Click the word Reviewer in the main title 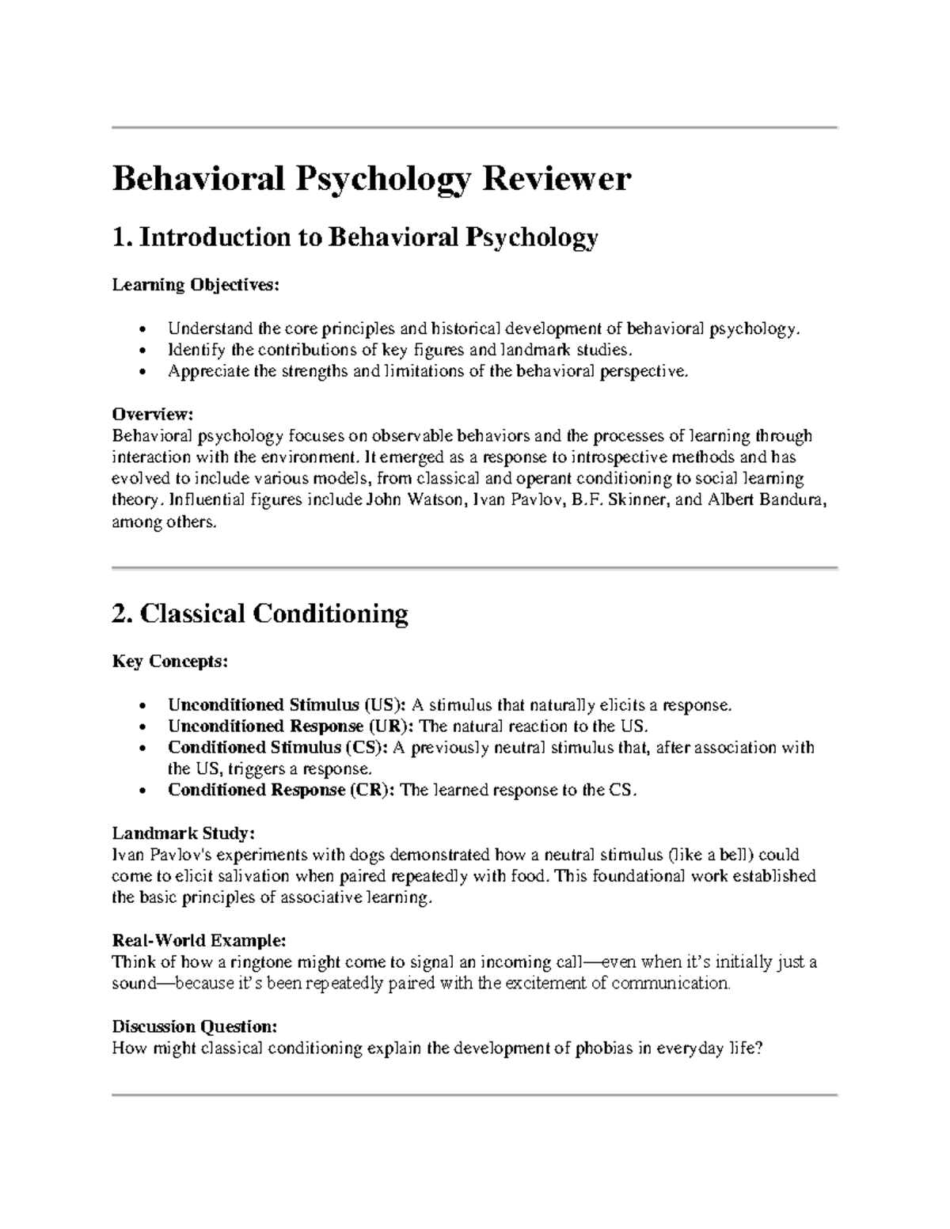557,180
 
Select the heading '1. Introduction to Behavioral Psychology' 355,237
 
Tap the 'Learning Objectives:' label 196,285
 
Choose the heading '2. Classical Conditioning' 260,613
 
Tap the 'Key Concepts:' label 169,662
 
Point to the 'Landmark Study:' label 183,833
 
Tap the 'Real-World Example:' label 198,941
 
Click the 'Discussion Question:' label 195,1027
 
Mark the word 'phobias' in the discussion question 604,1049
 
